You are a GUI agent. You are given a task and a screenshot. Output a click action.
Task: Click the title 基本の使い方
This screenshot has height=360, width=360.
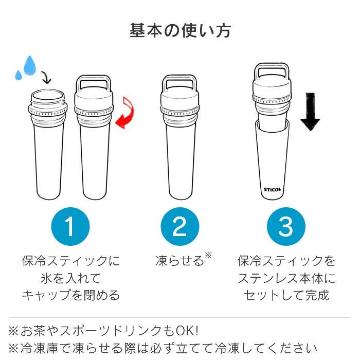pos(180,30)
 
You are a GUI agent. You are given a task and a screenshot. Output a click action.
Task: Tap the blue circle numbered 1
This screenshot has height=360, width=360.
pos(70,226)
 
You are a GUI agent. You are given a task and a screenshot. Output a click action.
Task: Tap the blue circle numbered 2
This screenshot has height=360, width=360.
pos(179,226)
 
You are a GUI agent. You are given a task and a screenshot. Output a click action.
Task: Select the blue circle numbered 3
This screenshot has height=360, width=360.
pos(286,226)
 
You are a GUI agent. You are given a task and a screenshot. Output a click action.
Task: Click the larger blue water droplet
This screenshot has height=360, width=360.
pos(30,65)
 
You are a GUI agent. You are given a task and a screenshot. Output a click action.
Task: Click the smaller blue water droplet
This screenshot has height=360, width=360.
pos(19,75)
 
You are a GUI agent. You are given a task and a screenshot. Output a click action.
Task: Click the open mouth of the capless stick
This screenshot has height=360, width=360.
pos(48,96)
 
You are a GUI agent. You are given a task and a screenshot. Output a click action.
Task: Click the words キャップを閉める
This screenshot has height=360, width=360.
pos(70,295)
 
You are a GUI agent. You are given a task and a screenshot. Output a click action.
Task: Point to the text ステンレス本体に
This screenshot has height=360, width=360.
pos(286,278)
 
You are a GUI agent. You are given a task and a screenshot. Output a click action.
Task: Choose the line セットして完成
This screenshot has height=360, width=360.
pos(286,295)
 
